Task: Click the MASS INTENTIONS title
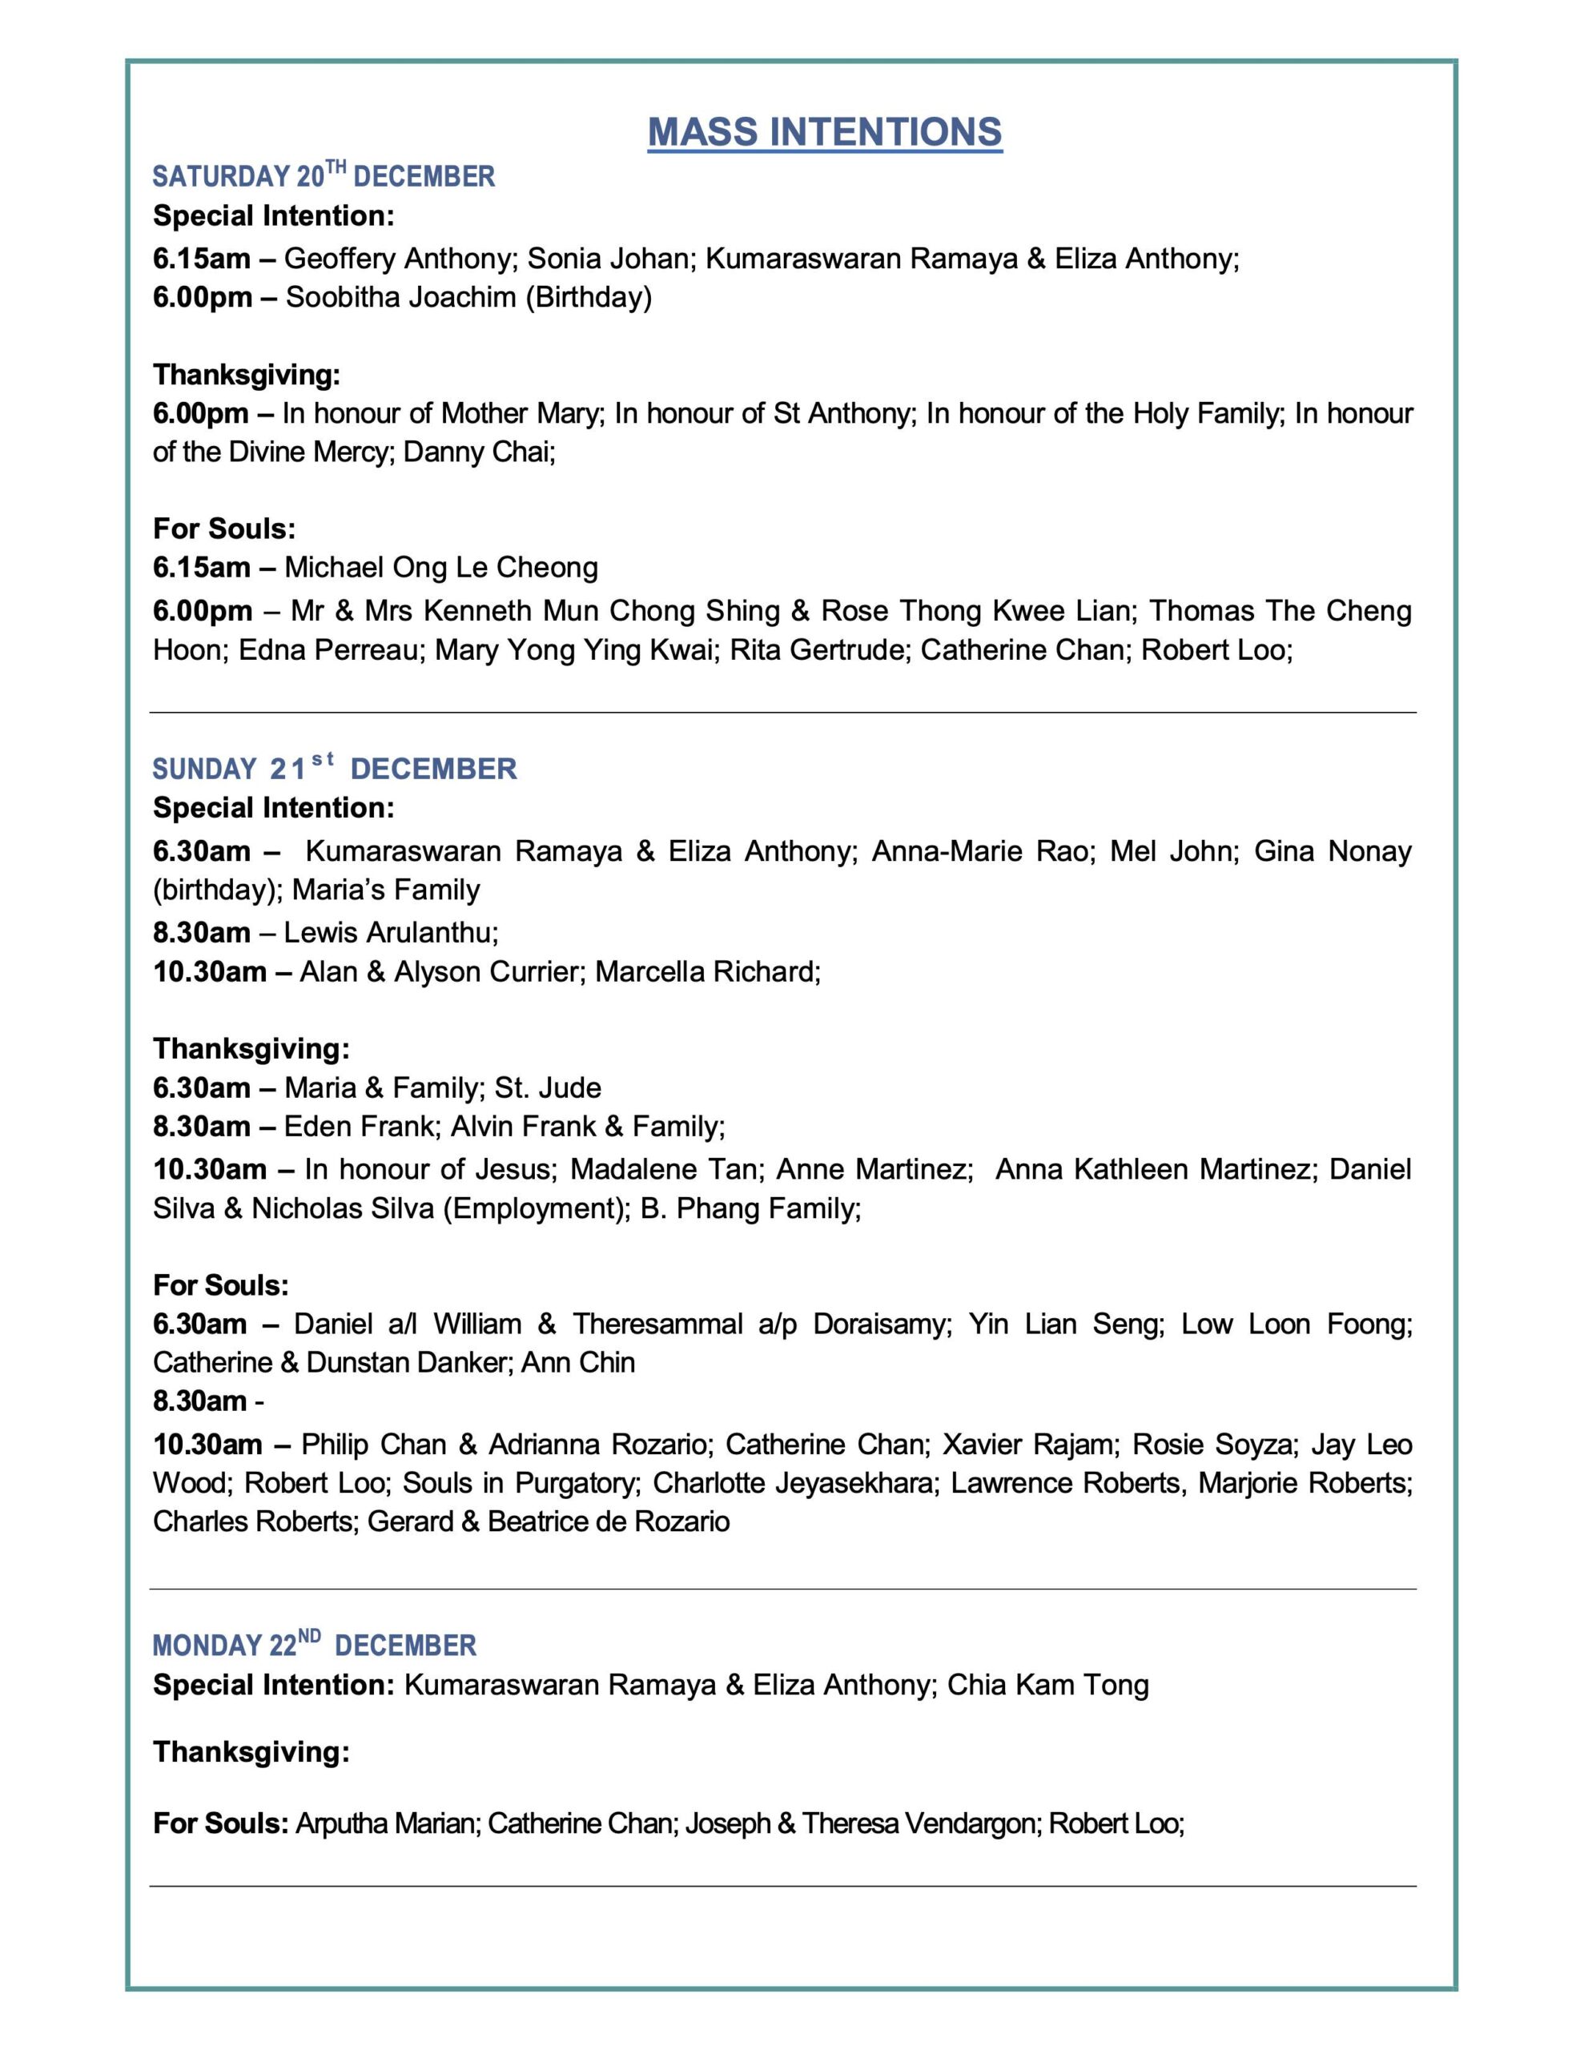point(824,132)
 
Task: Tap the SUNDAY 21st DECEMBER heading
point(334,769)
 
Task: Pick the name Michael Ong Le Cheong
point(441,568)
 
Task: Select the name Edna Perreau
point(328,649)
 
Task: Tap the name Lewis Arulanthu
point(390,932)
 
